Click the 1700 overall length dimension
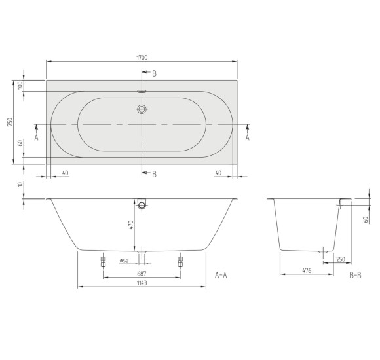pos(142,58)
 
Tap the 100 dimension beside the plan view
pos(20,86)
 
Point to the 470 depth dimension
pos(131,225)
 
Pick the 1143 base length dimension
pos(142,283)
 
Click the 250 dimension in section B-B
pos(341,259)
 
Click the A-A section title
pos(221,275)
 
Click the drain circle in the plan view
pos(142,110)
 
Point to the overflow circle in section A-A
pos(142,206)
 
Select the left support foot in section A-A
pos(103,261)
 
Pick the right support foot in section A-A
pos(181,261)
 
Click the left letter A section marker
pos(37,137)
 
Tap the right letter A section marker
pos(248,137)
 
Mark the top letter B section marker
pos(155,74)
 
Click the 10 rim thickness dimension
pos(20,185)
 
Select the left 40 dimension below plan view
pos(66,172)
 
